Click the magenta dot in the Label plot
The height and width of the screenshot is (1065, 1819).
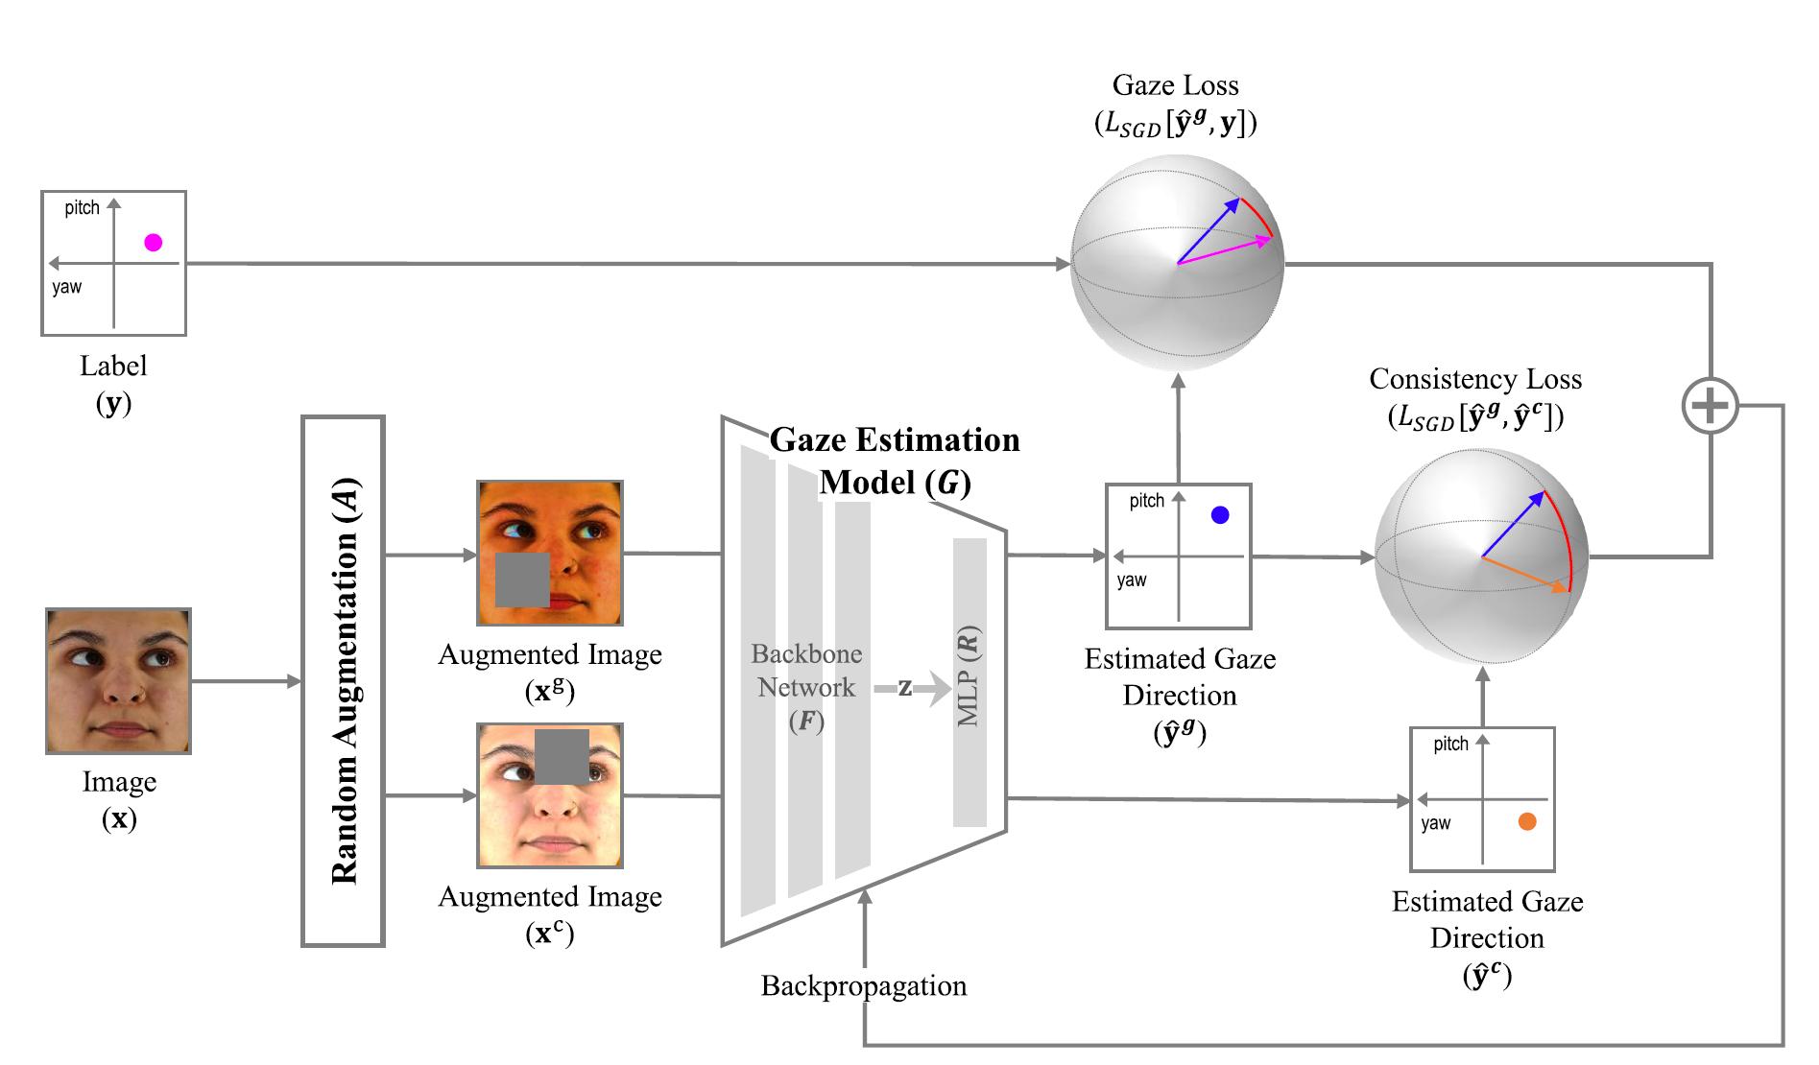(x=153, y=243)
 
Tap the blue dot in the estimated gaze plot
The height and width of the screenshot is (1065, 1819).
(x=1220, y=515)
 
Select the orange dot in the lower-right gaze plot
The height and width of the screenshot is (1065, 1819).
(x=1526, y=821)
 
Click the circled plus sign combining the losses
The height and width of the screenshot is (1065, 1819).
(x=1710, y=406)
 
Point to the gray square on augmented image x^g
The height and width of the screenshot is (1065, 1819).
(x=522, y=580)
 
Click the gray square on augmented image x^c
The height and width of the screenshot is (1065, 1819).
(x=562, y=757)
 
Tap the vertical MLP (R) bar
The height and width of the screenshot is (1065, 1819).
(x=969, y=681)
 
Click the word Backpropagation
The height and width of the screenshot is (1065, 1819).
(x=863, y=986)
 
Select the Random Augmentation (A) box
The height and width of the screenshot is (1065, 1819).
(x=343, y=681)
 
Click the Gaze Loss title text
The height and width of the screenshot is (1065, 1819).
(x=1175, y=85)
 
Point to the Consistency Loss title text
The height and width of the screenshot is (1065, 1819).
(x=1474, y=379)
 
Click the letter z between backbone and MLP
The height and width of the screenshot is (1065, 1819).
(x=904, y=687)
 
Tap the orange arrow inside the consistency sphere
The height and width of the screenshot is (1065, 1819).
(x=1526, y=575)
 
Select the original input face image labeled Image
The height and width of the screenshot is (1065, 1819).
(x=118, y=681)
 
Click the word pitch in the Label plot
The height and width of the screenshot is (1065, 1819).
(x=82, y=208)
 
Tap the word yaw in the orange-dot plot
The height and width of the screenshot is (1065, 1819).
(x=1435, y=823)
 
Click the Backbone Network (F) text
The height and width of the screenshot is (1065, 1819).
(x=806, y=687)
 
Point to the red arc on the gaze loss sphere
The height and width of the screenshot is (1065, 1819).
(x=1258, y=217)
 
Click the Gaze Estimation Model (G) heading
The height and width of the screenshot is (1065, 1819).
(x=895, y=461)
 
